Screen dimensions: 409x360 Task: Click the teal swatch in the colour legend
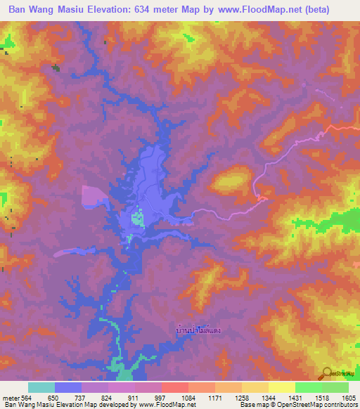click(41, 387)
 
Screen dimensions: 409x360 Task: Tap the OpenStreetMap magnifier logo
click(328, 375)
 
